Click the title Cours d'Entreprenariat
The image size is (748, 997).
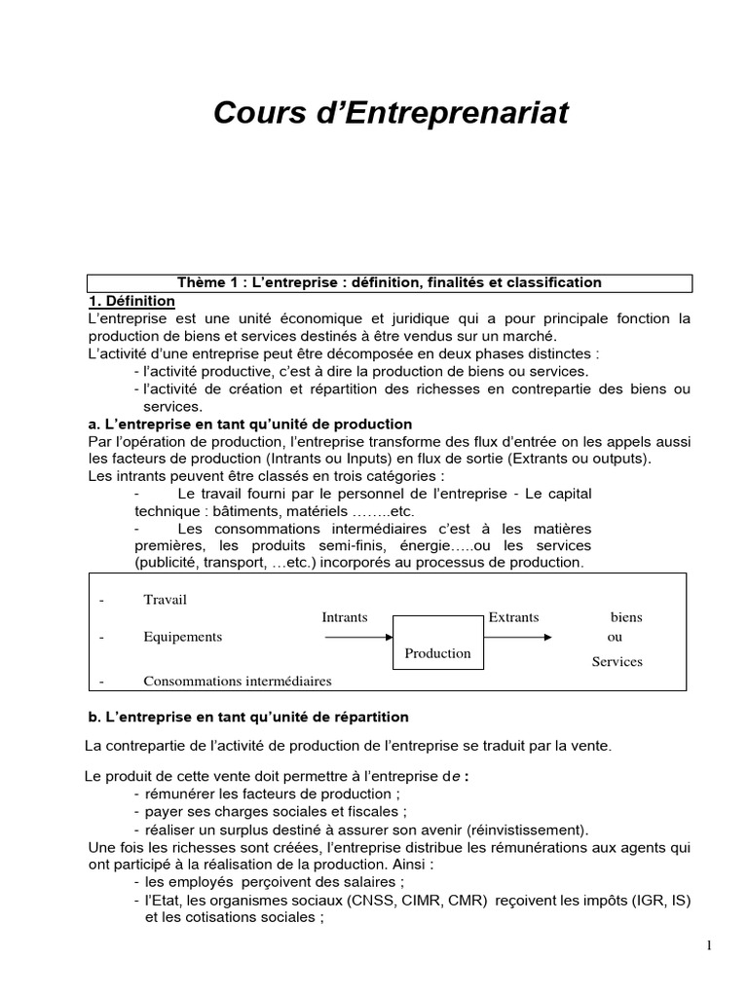(390, 114)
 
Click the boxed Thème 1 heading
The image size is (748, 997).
(390, 282)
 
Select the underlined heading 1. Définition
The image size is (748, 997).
(131, 301)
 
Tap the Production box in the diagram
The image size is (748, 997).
(437, 653)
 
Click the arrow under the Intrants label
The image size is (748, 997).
(357, 638)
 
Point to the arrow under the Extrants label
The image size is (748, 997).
(519, 638)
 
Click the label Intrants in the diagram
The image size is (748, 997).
(345, 617)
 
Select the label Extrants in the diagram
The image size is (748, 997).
(513, 617)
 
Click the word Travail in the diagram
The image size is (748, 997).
(165, 600)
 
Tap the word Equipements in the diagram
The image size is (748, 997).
(182, 637)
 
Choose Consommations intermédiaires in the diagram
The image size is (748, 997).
(237, 682)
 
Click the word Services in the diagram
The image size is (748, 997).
(617, 662)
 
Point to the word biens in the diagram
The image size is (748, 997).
(626, 617)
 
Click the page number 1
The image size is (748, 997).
(710, 945)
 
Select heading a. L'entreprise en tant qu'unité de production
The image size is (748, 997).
(249, 425)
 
